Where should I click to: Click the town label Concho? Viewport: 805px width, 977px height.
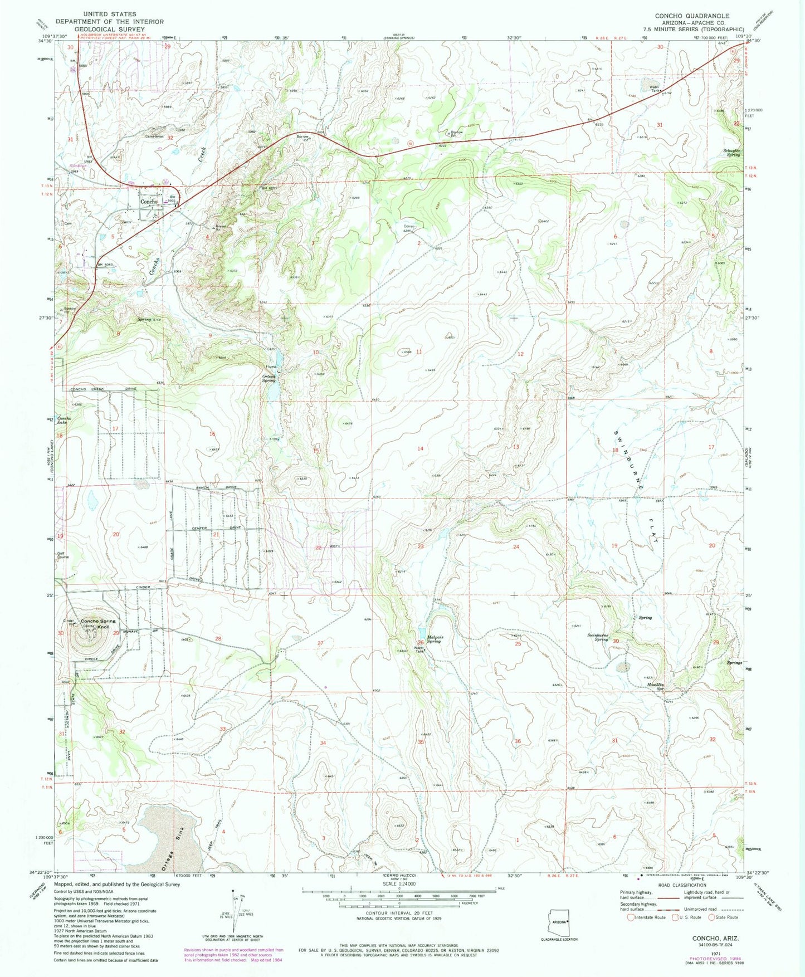pos(149,201)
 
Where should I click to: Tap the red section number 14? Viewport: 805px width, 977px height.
pos(420,448)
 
